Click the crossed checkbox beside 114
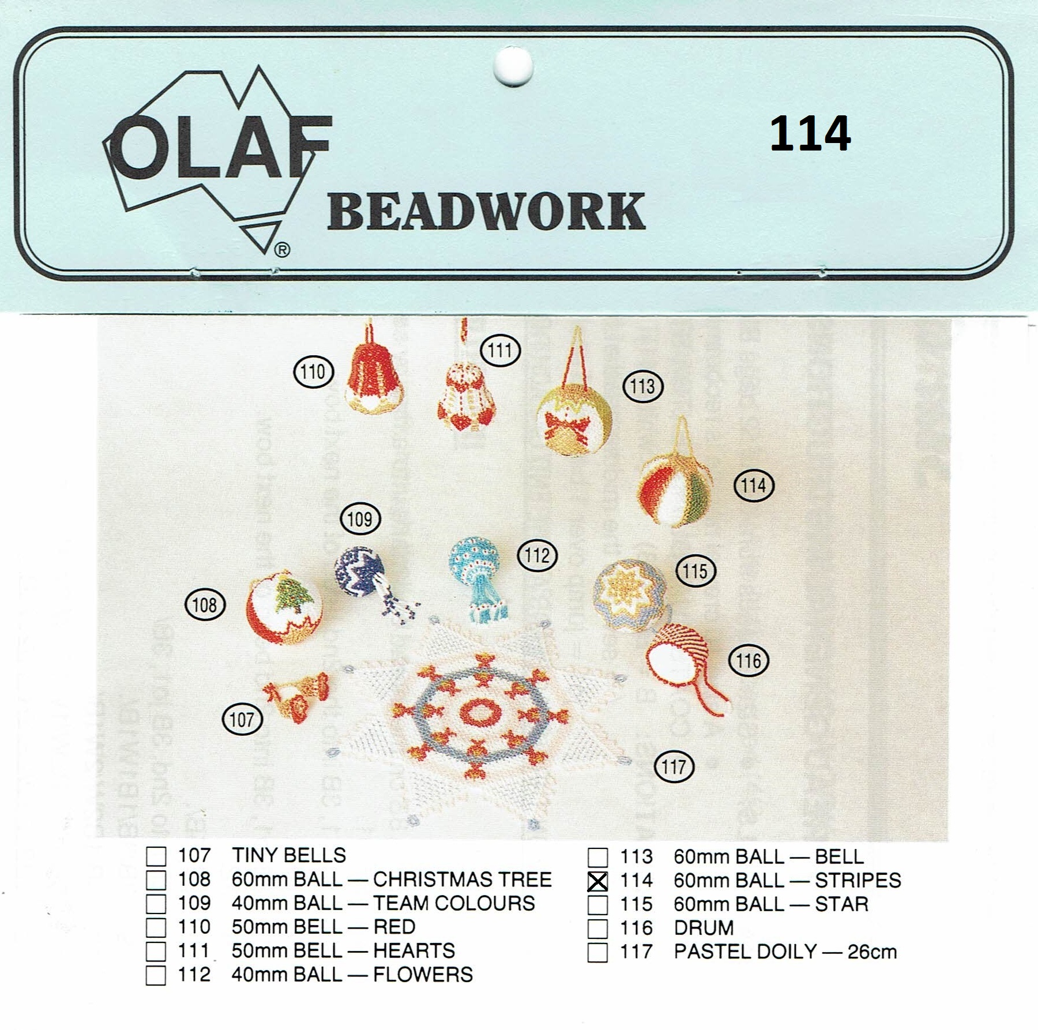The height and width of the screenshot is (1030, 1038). coord(597,881)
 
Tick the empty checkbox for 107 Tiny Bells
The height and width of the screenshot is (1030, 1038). coord(156,856)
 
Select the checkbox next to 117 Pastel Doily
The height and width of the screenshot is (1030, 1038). coord(597,952)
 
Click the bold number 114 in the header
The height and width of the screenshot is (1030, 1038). coord(810,134)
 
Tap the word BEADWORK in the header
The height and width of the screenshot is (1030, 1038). coord(486,212)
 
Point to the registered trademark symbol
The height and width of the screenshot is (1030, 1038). coord(282,250)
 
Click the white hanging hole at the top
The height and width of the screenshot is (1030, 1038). coord(513,66)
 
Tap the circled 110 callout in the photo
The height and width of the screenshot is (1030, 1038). coord(314,372)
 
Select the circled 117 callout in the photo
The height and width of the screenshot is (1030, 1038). coord(674,767)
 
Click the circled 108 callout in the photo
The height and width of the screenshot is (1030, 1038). coord(205,604)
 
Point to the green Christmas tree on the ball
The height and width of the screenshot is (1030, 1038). coord(296,596)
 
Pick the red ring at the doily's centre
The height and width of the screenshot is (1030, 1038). coord(480,713)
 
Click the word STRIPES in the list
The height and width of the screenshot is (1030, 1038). coord(858,881)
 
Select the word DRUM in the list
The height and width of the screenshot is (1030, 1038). coord(704,928)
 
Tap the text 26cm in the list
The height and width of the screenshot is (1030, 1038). coord(872,952)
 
